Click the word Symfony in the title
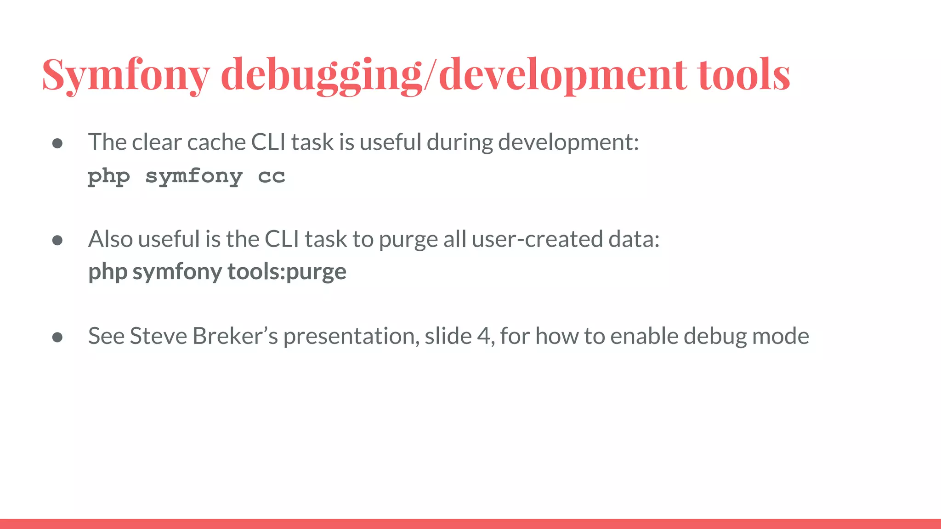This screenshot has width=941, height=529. (x=126, y=75)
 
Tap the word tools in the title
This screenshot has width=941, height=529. (x=744, y=75)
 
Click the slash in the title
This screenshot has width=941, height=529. (x=430, y=75)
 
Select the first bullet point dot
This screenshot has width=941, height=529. (x=57, y=144)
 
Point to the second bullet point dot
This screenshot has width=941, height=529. (x=57, y=241)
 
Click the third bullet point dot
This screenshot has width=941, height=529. (x=57, y=338)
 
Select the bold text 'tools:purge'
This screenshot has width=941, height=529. (x=287, y=272)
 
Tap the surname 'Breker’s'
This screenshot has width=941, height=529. (x=235, y=336)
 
